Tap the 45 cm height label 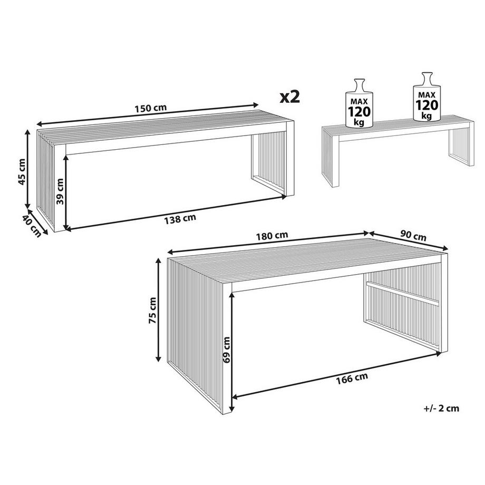click(22, 171)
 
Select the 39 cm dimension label click(60, 191)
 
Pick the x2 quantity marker click(289, 97)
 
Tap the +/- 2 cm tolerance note click(441, 408)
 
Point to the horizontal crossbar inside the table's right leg click(403, 292)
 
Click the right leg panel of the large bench click(269, 163)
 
